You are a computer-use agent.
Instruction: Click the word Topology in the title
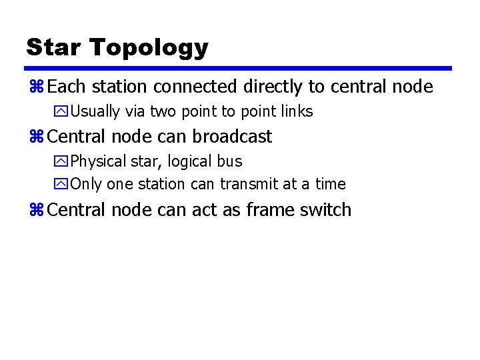click(x=149, y=48)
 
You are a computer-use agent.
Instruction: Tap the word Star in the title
click(x=54, y=47)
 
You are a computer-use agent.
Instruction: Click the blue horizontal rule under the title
click(x=239, y=68)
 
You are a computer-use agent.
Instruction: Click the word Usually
click(x=95, y=111)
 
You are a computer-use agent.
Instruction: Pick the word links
click(x=297, y=111)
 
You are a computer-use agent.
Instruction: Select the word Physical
click(x=98, y=161)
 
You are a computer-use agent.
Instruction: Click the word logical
click(x=191, y=161)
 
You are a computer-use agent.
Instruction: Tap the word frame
click(x=269, y=210)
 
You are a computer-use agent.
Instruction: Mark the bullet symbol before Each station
click(x=36, y=87)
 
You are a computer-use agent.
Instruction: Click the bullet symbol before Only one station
click(x=63, y=184)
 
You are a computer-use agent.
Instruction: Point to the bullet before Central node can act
click(x=36, y=210)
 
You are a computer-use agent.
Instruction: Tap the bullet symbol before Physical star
click(x=63, y=161)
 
